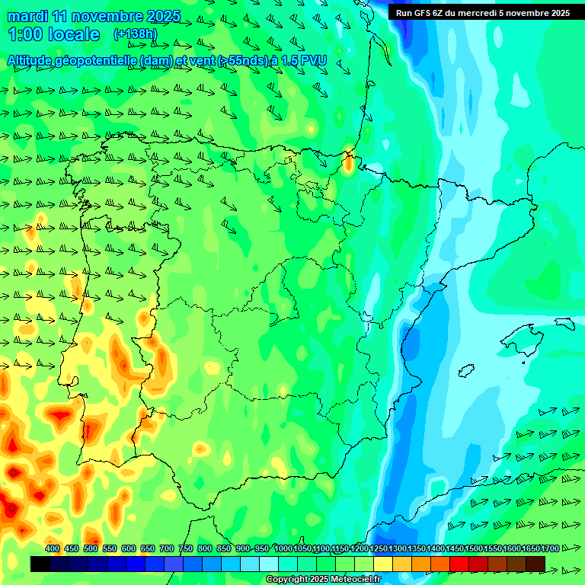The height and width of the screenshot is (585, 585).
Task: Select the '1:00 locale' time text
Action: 54,34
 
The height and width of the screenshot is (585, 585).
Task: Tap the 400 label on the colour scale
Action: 53,549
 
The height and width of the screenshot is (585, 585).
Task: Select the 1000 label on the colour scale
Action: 283,549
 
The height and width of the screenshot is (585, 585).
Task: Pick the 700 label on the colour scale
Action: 167,549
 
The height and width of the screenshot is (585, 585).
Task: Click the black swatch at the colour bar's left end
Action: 40,564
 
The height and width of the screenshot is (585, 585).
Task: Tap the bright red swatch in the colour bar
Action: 459,564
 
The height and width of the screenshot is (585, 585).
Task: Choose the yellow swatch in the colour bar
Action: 383,564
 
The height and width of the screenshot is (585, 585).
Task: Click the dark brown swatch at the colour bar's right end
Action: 535,564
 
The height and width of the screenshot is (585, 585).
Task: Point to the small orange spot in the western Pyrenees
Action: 349,161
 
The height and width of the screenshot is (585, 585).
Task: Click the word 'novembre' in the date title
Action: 110,16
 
